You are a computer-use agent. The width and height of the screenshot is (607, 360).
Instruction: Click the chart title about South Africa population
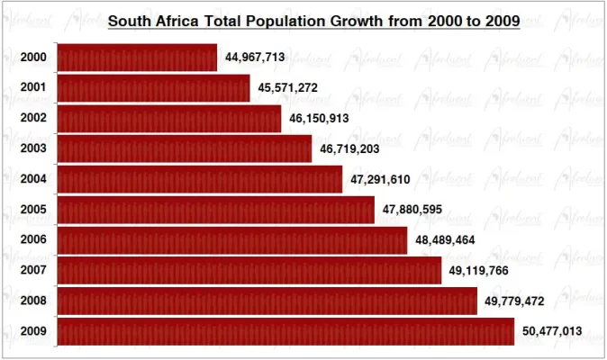[313, 21]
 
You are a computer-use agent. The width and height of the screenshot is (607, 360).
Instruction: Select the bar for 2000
[137, 57]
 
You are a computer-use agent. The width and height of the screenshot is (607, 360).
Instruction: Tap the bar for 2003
[184, 148]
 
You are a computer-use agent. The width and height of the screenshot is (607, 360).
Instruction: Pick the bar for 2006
[232, 240]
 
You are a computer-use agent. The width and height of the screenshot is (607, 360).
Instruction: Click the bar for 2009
[285, 331]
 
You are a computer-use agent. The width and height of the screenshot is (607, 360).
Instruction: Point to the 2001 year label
[34, 88]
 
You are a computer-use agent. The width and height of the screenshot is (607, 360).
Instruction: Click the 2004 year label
[34, 180]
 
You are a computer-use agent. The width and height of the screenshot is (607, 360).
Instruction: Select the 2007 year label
[34, 271]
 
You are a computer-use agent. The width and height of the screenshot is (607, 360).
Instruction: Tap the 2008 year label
[34, 301]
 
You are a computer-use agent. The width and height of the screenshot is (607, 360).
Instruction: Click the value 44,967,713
[255, 57]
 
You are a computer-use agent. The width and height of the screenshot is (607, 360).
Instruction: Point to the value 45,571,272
[287, 88]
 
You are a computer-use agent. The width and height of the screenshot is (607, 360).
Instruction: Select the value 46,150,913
[319, 119]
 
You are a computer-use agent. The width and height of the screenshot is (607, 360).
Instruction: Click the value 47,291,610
[380, 180]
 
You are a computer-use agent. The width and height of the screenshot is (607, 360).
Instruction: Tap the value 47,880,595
[412, 211]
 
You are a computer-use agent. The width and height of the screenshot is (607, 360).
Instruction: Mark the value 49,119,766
[479, 271]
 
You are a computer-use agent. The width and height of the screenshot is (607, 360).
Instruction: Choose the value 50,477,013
[552, 332]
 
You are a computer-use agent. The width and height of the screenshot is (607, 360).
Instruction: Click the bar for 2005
[215, 210]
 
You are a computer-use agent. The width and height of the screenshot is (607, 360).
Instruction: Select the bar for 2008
[267, 301]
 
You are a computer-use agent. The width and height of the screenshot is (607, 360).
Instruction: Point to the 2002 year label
[34, 118]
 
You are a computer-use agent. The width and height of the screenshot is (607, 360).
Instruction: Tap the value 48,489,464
[445, 241]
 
